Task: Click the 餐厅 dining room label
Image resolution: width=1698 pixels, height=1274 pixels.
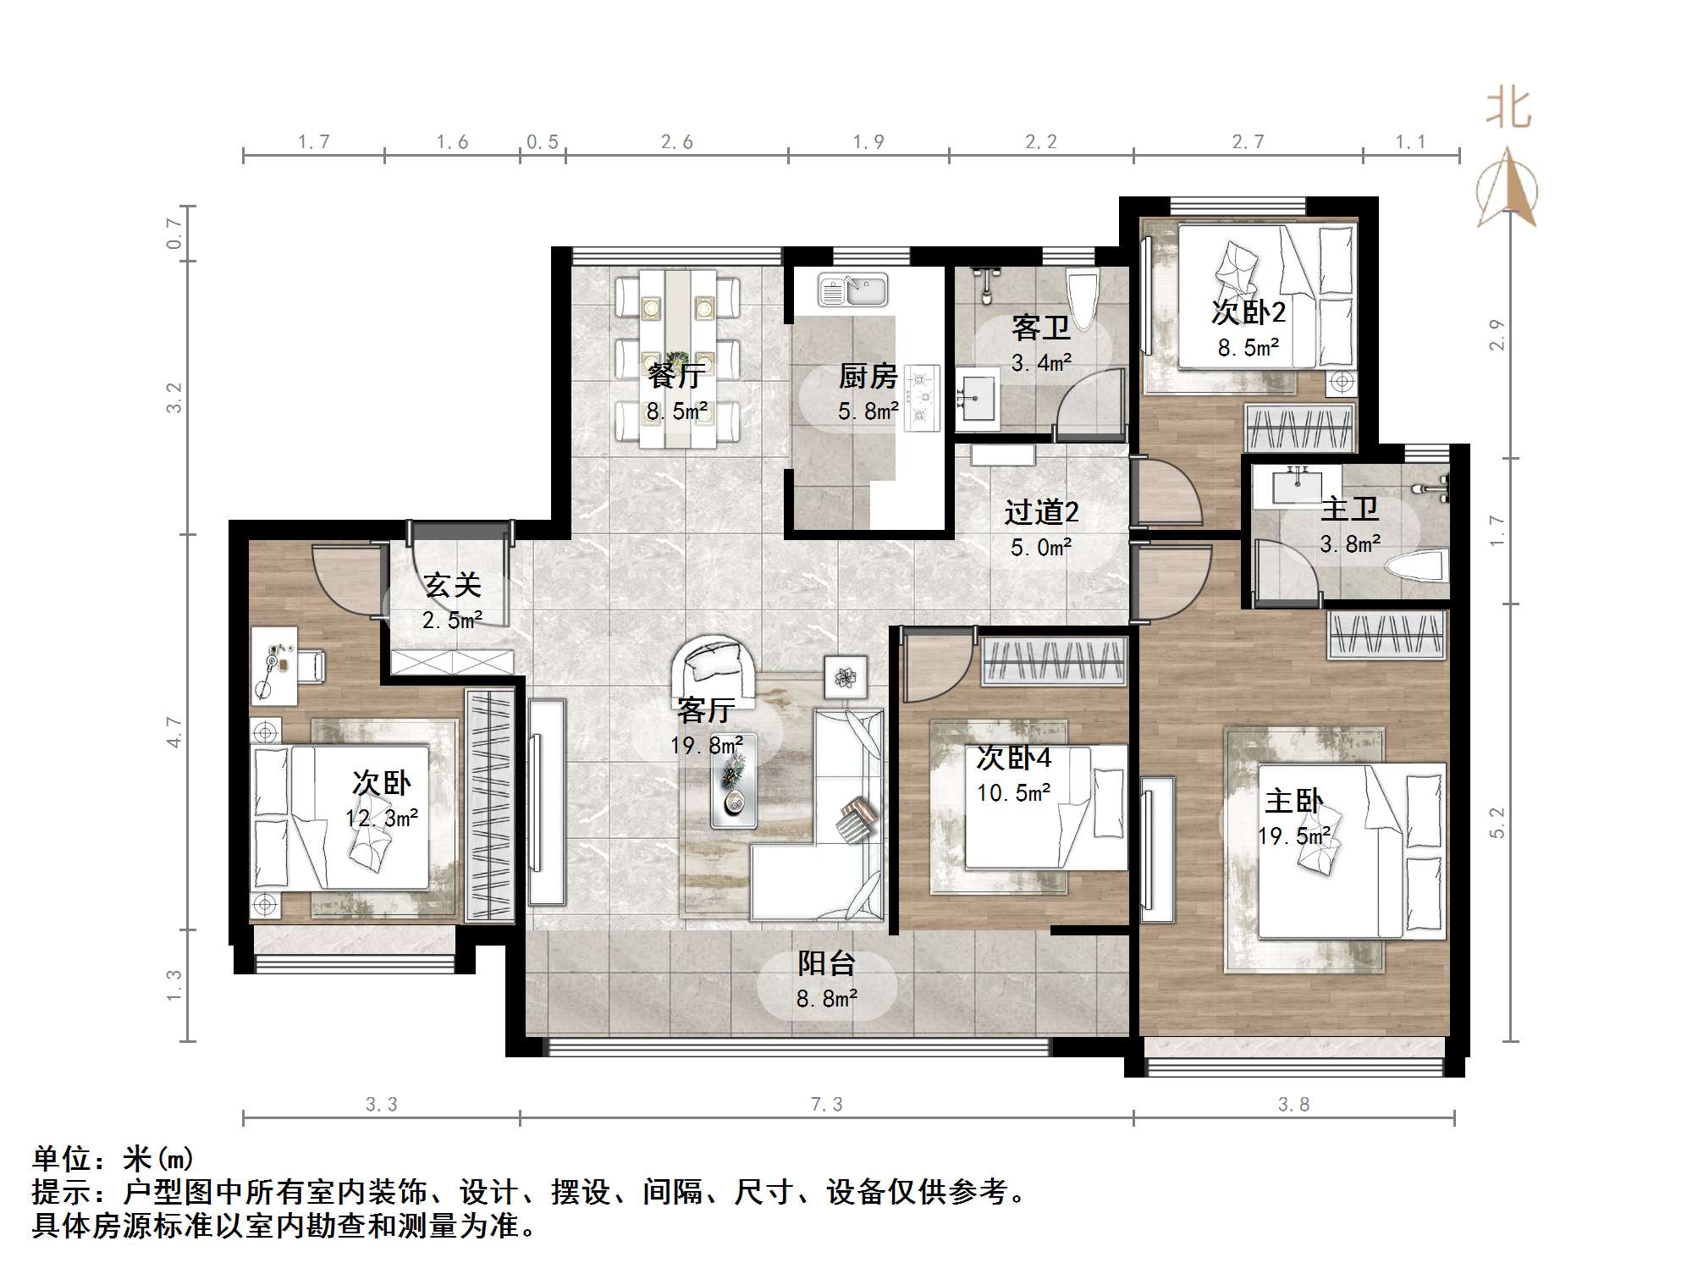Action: point(675,374)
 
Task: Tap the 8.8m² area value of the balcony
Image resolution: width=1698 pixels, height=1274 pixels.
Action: point(826,999)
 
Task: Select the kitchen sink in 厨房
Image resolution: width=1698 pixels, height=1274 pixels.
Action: point(852,290)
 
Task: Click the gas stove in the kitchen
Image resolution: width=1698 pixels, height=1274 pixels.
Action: point(922,397)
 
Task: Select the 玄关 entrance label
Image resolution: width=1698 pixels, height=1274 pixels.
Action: point(452,585)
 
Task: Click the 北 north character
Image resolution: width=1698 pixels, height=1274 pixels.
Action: point(1508,110)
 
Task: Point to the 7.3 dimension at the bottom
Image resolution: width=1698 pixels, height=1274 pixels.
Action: point(827,1104)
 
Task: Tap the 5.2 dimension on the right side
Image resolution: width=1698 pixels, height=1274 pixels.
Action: point(1497,823)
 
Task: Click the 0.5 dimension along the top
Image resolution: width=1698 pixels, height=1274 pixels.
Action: point(542,141)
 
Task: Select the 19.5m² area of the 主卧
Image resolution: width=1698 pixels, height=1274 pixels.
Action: point(1293,836)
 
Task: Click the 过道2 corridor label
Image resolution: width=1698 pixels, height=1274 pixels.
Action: point(1041,512)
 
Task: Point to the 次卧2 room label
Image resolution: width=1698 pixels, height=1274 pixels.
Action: point(1248,312)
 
